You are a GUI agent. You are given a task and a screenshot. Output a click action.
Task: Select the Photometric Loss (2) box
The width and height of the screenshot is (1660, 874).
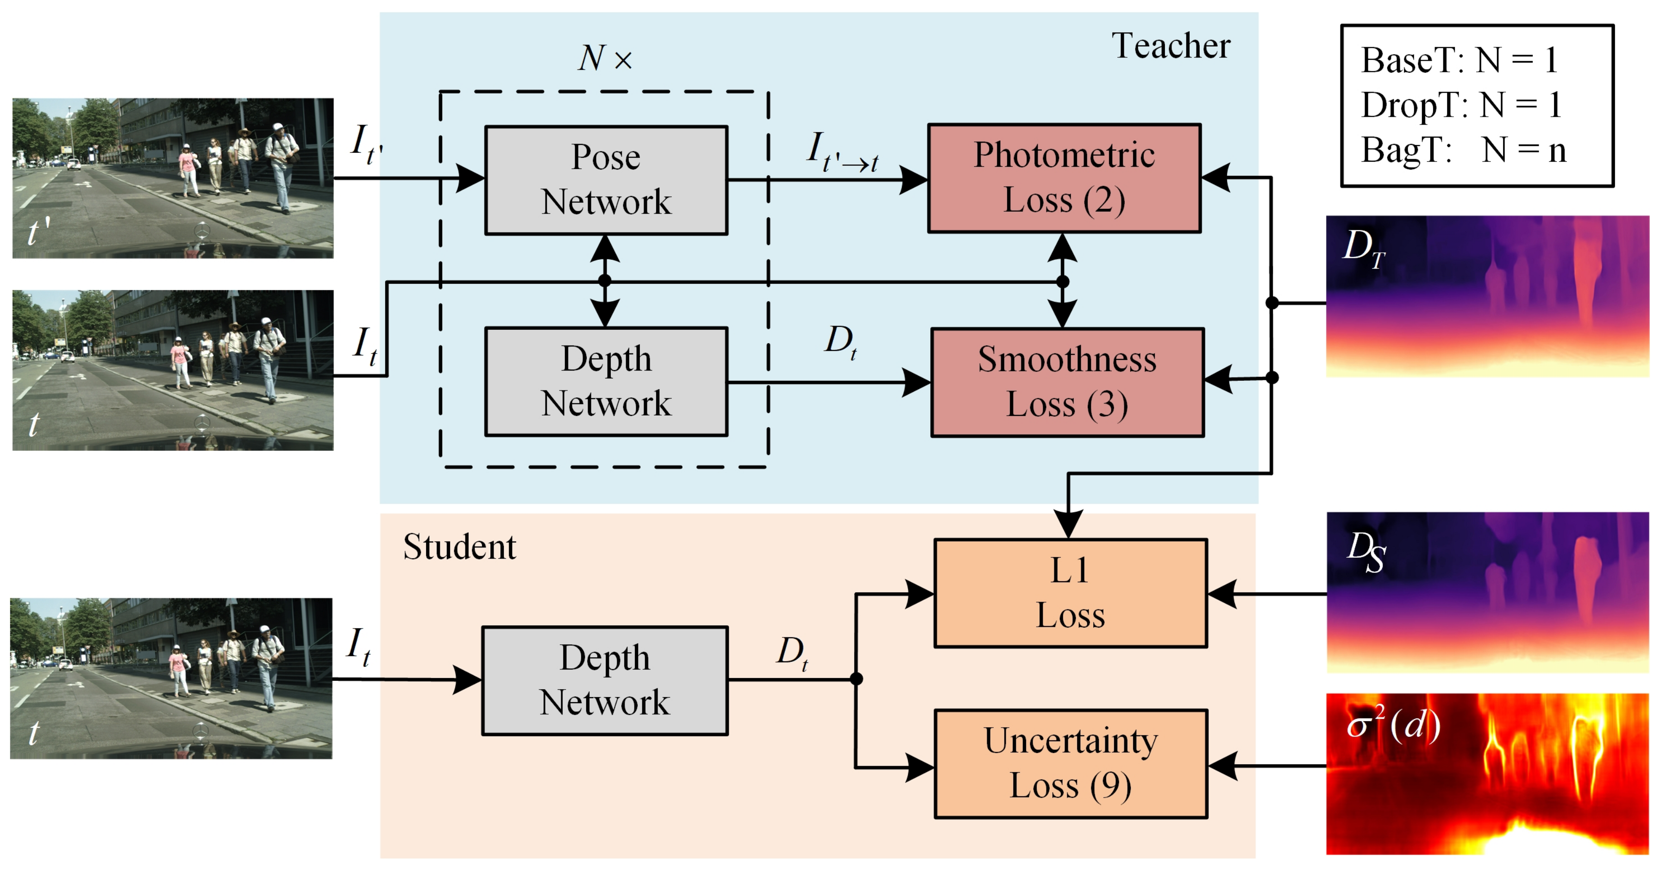(x=1064, y=178)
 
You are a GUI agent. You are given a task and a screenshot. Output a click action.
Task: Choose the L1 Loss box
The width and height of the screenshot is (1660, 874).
(x=1071, y=593)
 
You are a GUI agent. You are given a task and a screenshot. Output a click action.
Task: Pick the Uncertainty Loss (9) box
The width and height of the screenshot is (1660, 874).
(x=1071, y=764)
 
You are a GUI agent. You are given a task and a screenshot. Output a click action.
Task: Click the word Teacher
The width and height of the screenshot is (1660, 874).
(x=1171, y=46)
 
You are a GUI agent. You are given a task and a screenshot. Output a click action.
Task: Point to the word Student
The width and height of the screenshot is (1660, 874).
(x=459, y=547)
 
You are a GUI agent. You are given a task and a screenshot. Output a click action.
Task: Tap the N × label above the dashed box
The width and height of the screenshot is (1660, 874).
(x=605, y=58)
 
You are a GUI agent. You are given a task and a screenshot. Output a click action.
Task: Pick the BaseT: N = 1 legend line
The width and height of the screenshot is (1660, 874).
(x=1460, y=60)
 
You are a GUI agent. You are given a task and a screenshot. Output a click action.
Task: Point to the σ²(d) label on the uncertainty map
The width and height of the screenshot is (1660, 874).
(x=1394, y=724)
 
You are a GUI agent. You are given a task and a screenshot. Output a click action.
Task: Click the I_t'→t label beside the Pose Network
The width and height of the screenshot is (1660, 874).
(x=842, y=152)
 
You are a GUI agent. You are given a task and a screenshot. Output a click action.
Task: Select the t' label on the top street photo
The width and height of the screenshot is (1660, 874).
(x=39, y=231)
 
